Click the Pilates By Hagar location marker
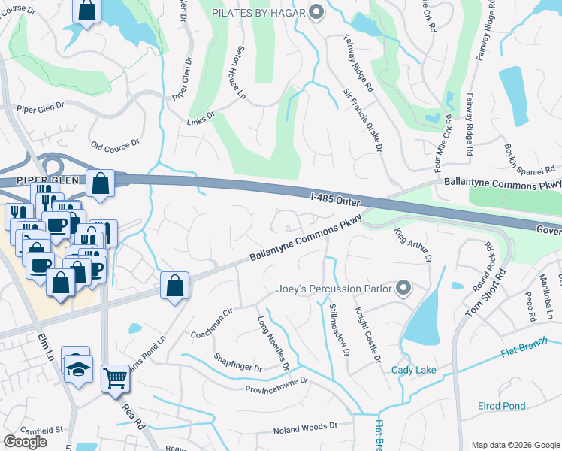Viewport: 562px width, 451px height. pos(316,12)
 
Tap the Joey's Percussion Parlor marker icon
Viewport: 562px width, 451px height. pos(403,288)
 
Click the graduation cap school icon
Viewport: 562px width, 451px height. pos(77,367)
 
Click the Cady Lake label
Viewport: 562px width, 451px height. pos(413,370)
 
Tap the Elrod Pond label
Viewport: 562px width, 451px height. pos(502,407)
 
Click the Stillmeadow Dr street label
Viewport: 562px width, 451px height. pos(339,330)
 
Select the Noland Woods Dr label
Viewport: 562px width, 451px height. pos(305,428)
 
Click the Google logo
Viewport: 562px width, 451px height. pos(25,442)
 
